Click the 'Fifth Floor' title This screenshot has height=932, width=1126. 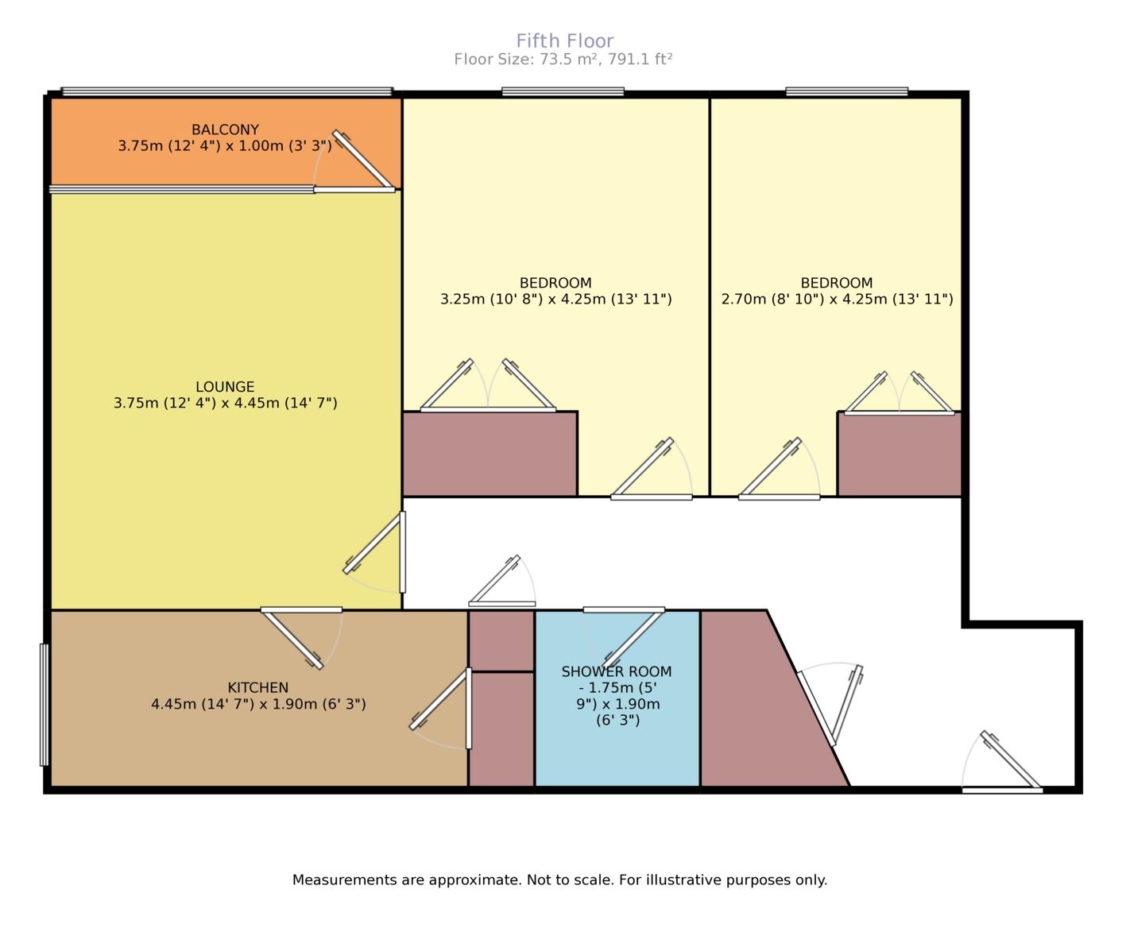coord(564,41)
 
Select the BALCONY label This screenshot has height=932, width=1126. coord(225,130)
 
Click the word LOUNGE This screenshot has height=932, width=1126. coord(225,387)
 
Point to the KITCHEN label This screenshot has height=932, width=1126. coord(257,687)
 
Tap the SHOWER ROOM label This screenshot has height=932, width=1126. coord(617,671)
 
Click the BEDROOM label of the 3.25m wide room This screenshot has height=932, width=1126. coord(555,283)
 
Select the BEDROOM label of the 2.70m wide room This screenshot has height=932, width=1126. coord(836,283)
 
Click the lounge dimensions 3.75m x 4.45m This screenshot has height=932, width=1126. coord(225,404)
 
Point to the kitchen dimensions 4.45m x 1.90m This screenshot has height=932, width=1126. coord(257,704)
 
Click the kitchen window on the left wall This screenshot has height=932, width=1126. coord(44,704)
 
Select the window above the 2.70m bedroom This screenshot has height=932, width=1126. coord(846,92)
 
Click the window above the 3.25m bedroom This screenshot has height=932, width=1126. coord(563,92)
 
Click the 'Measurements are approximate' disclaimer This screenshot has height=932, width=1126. coord(559,880)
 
